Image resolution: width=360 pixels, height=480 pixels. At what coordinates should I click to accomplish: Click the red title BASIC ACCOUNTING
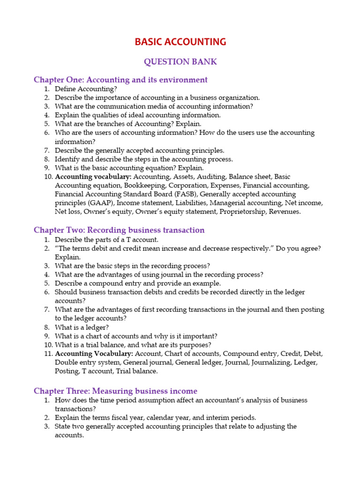180,42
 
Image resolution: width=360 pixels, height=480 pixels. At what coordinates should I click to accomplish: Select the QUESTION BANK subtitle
180,62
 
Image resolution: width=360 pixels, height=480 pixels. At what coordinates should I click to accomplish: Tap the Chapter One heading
120,80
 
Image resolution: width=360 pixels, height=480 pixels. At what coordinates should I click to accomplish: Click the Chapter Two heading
119,230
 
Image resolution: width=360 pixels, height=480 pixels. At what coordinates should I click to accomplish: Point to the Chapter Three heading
115,391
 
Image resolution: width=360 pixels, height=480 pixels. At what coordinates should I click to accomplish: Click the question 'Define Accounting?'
86,89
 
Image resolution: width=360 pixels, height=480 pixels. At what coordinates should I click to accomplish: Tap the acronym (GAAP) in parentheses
101,203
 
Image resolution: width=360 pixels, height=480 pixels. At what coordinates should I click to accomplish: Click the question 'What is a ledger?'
82,327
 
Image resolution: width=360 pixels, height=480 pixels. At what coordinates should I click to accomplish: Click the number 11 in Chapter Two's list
47,353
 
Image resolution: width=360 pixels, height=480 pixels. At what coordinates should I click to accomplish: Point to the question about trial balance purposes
133,345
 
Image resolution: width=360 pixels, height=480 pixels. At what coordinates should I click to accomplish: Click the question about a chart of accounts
136,336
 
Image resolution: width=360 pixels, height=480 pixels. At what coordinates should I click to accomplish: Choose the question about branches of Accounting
128,124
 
